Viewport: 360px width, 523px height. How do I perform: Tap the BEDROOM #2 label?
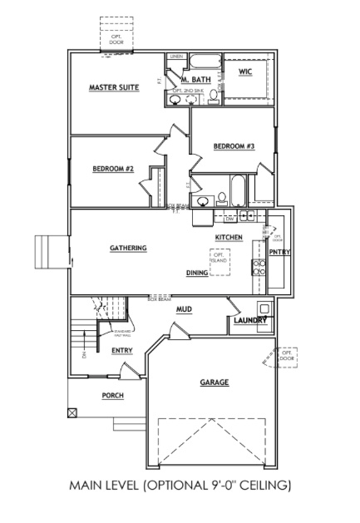pyautogui.click(x=113, y=168)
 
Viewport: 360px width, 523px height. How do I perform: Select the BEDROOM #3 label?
pyautogui.click(x=234, y=146)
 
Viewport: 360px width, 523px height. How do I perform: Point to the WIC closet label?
pyautogui.click(x=244, y=72)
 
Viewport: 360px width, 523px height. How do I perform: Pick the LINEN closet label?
pyautogui.click(x=175, y=57)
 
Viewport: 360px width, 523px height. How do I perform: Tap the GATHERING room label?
pyautogui.click(x=128, y=248)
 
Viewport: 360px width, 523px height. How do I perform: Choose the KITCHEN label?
pyautogui.click(x=229, y=238)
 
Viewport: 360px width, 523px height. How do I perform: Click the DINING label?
pyautogui.click(x=197, y=272)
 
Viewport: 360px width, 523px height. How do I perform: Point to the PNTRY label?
pyautogui.click(x=279, y=253)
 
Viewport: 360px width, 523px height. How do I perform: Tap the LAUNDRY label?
pyautogui.click(x=249, y=320)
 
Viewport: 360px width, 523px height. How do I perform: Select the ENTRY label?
pyautogui.click(x=121, y=351)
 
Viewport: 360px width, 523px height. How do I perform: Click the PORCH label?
pyautogui.click(x=113, y=396)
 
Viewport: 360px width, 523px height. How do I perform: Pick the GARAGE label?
pyautogui.click(x=214, y=382)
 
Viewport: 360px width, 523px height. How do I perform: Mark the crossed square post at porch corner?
pyautogui.click(x=72, y=412)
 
